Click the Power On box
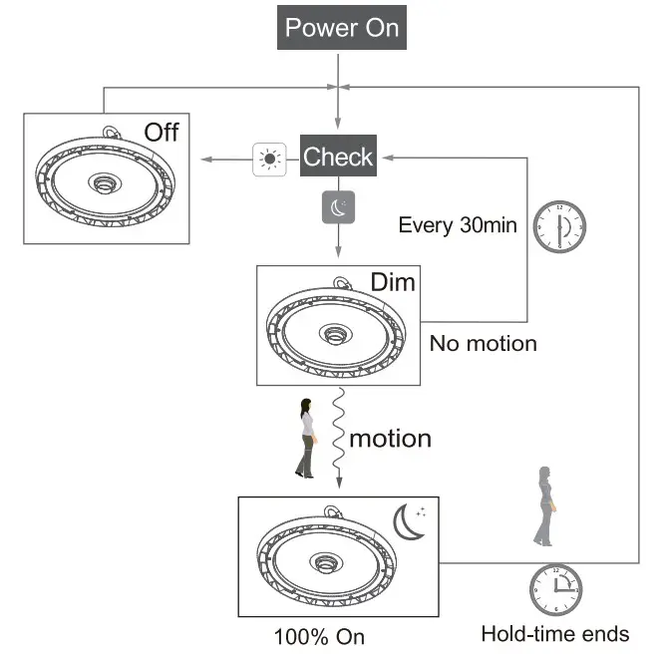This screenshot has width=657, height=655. (x=341, y=27)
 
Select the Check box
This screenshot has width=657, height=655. (x=338, y=157)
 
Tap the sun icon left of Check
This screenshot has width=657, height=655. (x=268, y=159)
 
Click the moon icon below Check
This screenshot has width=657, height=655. (x=338, y=206)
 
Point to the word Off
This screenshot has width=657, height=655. (x=161, y=132)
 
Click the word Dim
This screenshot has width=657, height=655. (x=393, y=282)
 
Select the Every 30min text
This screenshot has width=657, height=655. (x=457, y=224)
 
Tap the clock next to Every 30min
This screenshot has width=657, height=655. (x=558, y=227)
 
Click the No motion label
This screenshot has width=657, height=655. (x=483, y=344)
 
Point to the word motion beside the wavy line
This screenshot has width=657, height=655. (x=390, y=438)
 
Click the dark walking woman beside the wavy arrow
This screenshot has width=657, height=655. (x=306, y=438)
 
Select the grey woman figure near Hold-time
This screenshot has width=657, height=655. (x=543, y=505)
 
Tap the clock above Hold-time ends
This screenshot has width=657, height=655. (x=555, y=588)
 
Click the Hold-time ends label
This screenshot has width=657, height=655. (x=554, y=634)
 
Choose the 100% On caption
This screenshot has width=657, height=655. (x=319, y=636)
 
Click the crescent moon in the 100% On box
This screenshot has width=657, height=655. (x=409, y=521)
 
